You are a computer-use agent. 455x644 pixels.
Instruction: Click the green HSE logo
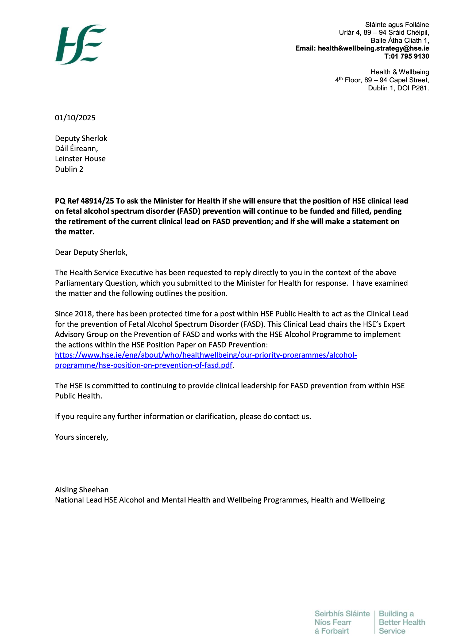coord(80,44)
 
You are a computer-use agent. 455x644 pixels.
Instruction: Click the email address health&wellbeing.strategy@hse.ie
coord(373,48)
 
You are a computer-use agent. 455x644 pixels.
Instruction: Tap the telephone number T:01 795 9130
coord(407,56)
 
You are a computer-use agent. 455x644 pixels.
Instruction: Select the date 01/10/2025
coord(75,117)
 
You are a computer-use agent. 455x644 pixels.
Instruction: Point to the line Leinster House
coord(80,159)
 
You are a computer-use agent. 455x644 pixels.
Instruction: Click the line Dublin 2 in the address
coord(69,169)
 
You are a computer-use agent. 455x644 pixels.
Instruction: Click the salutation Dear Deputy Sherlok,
coord(91,252)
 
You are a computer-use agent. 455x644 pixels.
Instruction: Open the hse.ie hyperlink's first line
coord(206,355)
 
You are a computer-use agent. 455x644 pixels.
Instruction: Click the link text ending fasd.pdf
coord(144,365)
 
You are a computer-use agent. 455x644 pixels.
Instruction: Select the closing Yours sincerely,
coord(81,437)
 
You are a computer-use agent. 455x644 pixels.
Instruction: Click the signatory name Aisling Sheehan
coord(82,489)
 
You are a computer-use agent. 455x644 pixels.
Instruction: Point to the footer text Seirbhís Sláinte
coord(342,614)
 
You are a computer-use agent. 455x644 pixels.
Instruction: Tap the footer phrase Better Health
coord(402,622)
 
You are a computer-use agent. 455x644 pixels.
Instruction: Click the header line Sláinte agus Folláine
coord(397,25)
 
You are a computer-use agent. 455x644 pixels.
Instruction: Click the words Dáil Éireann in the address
coord(76,148)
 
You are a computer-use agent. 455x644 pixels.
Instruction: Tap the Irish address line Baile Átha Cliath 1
coord(399,40)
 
